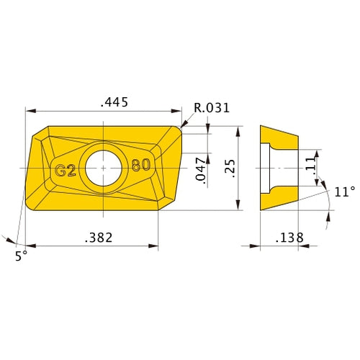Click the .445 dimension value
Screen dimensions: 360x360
[114, 102]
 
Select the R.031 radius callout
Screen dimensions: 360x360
[212, 108]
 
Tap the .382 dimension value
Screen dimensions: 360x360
[99, 237]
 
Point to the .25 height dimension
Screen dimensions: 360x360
[229, 168]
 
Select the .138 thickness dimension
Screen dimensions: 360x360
[289, 237]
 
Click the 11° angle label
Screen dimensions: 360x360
[345, 192]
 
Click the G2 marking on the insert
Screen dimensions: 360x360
[66, 170]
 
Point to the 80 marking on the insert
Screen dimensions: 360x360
[141, 165]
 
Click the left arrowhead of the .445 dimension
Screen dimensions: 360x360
[30, 112]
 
